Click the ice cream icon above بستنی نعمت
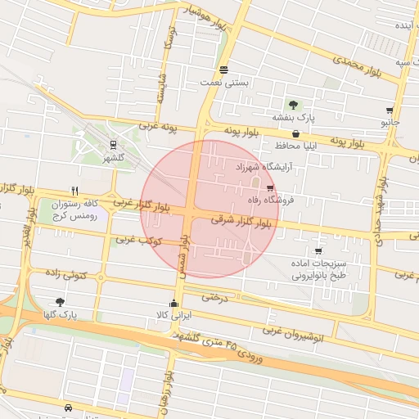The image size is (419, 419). pos(224,70)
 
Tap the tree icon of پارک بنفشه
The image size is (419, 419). pos(292,104)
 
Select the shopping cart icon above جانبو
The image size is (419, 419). pos(390,110)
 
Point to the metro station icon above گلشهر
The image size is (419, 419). pos(112,143)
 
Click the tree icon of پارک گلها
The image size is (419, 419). pos(60,301)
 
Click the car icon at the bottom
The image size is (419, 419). pos(66,407)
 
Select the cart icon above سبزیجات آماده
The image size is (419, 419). pos(318,251)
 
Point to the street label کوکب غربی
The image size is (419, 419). pos(138,241)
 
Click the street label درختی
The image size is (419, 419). pos(214,297)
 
